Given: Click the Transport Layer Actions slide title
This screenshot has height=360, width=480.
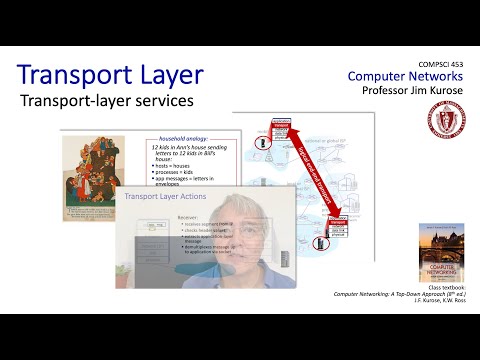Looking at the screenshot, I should click(x=164, y=197).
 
